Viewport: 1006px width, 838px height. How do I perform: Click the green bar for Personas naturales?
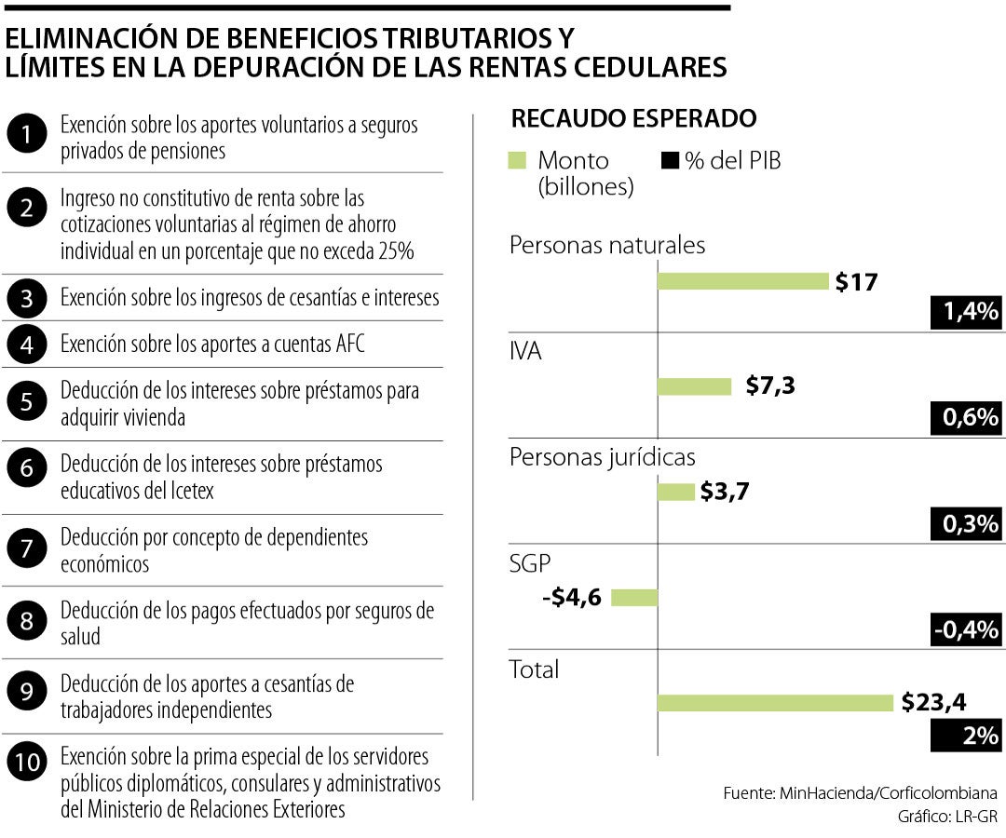742,281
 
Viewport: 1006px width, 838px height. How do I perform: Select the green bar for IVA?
694,386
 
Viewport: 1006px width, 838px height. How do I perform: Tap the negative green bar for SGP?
634,597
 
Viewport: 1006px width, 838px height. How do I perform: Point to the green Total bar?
774,703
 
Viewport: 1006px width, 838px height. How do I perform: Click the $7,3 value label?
770,386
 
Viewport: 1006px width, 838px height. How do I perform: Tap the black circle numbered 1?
27,137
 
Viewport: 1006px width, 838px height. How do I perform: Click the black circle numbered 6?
27,477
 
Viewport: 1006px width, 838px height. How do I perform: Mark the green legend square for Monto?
518,160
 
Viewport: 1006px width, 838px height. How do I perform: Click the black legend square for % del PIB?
669,160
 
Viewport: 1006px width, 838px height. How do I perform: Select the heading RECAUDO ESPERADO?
633,119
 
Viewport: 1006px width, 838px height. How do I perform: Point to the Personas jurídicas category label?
602,458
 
